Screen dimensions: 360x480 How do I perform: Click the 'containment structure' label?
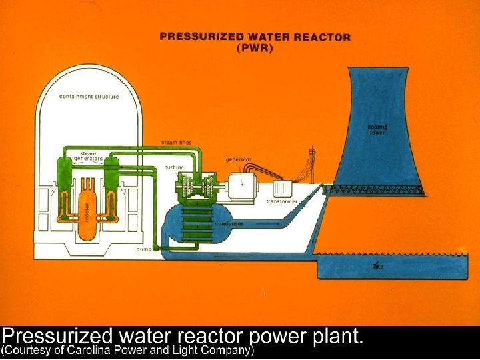pos(89,97)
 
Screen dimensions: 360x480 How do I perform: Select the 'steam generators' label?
pos(87,157)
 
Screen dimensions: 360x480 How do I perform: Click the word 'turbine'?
pos(175,167)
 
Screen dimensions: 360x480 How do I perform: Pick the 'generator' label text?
pos(237,159)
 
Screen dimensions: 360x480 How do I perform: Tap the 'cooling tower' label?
pos(377,129)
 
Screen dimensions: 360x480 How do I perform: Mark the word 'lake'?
pos(377,267)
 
